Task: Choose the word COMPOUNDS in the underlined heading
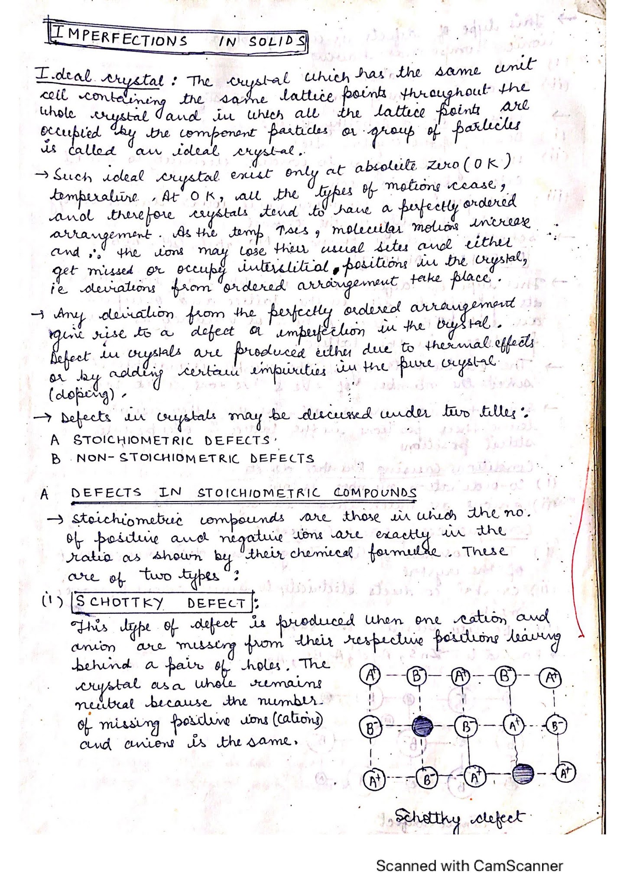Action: (x=375, y=493)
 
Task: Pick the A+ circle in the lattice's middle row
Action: (x=514, y=723)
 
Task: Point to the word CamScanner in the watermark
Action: (x=518, y=866)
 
